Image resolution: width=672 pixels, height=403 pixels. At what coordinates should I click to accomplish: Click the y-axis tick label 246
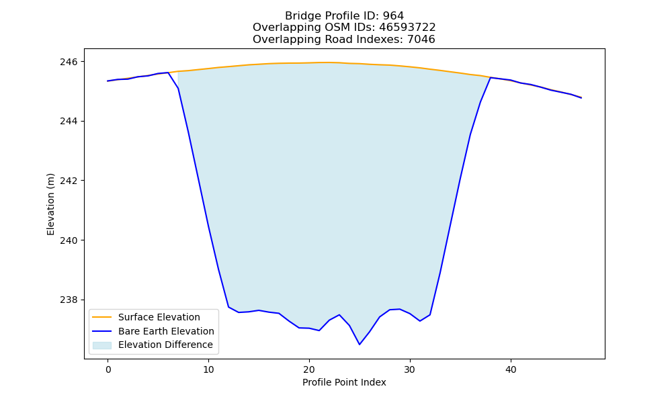click(69, 62)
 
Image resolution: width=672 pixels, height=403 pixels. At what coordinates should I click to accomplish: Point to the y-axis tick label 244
click(69, 122)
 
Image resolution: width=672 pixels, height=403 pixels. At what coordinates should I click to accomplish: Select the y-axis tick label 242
click(69, 181)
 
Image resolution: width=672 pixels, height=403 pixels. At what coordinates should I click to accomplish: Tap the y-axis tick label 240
click(69, 240)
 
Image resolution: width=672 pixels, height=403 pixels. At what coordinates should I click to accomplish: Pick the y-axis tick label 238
click(69, 300)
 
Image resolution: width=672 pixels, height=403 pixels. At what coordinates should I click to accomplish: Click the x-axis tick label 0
click(108, 370)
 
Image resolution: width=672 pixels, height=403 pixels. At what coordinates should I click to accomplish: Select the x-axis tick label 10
click(209, 370)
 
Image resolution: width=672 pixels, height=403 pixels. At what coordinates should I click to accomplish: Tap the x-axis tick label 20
click(309, 370)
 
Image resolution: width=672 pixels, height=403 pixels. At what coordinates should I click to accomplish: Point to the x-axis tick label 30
click(410, 370)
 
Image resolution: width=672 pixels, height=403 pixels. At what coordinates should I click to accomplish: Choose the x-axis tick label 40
click(511, 370)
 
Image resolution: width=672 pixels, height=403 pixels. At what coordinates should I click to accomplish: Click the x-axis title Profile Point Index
click(344, 382)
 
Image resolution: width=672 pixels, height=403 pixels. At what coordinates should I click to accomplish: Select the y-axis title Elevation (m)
click(50, 204)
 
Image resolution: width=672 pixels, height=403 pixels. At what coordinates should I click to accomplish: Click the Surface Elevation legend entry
click(159, 317)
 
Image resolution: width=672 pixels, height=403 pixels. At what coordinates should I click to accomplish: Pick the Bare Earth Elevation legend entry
click(166, 331)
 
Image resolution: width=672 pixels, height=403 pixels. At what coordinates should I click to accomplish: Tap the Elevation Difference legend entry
click(165, 345)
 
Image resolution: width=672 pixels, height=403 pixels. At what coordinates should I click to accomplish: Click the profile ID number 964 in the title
click(393, 16)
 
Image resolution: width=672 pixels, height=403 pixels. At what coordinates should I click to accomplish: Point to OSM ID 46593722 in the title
click(407, 28)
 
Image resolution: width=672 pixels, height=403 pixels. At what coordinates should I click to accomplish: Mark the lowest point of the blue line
click(360, 345)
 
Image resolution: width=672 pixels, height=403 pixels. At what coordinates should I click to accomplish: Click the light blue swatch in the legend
click(102, 345)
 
